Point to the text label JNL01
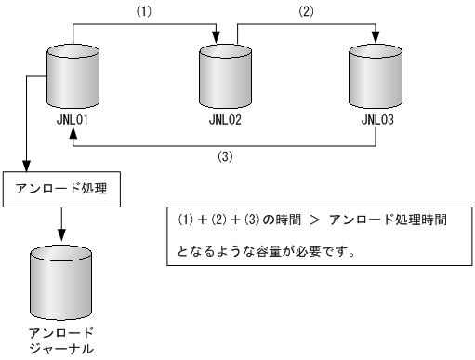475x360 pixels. [x=71, y=120]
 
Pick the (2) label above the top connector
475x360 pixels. [x=307, y=13]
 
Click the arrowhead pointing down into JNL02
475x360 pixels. [x=217, y=36]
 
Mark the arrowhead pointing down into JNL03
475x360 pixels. [x=375, y=36]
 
